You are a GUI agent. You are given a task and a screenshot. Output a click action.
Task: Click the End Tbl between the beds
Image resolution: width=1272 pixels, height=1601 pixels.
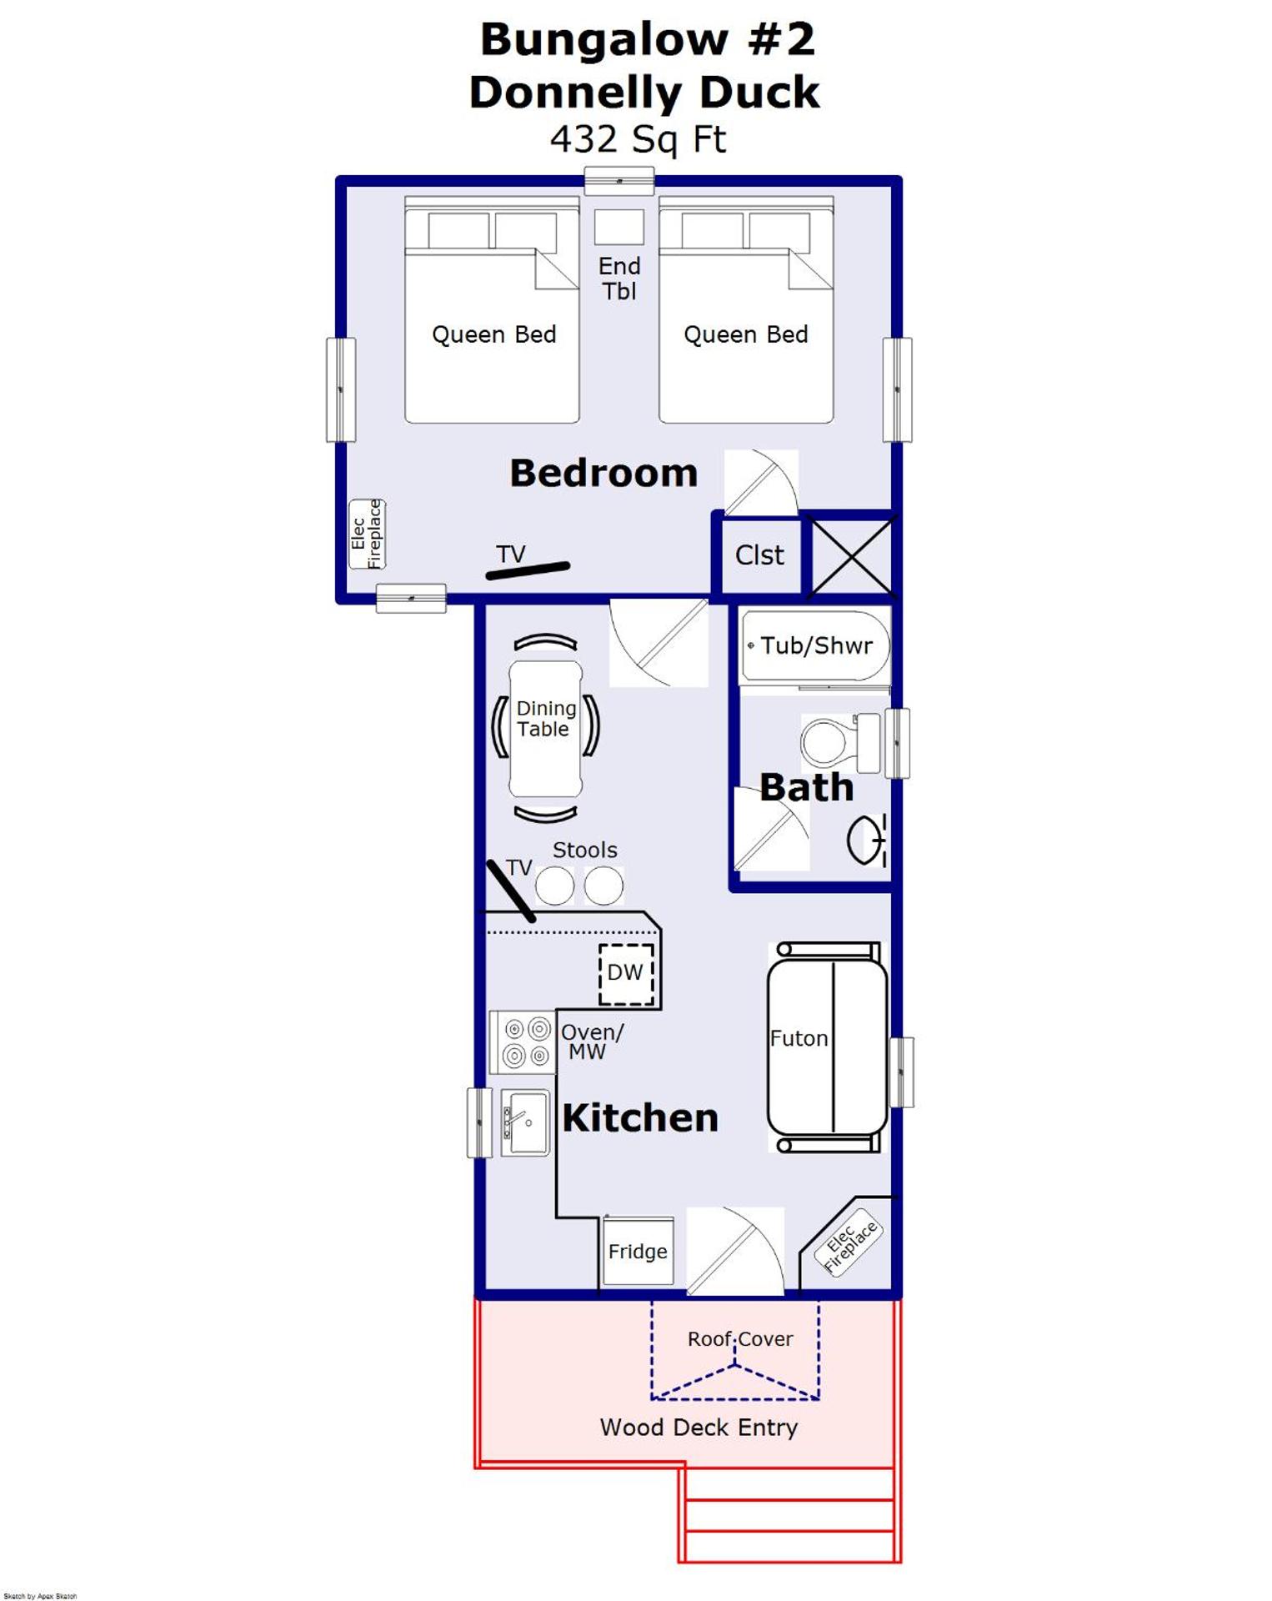pos(618,227)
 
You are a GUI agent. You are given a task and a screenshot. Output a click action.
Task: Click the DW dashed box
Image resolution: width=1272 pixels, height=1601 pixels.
pos(626,973)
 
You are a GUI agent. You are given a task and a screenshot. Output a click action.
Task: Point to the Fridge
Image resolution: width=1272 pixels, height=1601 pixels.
pos(638,1251)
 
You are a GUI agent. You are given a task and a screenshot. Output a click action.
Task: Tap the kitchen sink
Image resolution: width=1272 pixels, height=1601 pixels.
pos(525,1122)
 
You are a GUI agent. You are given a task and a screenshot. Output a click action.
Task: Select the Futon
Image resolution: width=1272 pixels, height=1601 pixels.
pos(826,1046)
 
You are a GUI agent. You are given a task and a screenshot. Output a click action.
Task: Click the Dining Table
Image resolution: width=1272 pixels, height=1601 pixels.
pos(545,727)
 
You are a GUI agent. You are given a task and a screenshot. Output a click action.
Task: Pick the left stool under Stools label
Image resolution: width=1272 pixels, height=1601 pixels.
pos(554,886)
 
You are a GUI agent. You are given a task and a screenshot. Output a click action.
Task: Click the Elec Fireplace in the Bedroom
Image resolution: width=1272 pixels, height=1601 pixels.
pos(367,534)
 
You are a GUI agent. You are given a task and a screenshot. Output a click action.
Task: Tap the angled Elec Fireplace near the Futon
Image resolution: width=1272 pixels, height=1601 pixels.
pos(849,1247)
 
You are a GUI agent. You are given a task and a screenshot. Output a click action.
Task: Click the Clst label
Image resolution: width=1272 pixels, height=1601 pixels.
pos(759,555)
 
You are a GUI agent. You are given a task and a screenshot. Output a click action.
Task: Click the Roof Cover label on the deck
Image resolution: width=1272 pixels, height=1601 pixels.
pos(739,1338)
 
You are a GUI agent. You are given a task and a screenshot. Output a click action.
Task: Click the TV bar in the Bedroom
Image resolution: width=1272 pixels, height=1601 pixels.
pos(528,570)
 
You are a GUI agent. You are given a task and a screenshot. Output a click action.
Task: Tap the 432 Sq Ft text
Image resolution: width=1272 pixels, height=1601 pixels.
pos(638,139)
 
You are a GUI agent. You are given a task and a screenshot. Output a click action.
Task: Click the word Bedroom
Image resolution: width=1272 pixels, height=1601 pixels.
pos(603,473)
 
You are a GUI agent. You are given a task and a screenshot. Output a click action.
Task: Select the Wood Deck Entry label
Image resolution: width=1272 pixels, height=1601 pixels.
pos(699,1427)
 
